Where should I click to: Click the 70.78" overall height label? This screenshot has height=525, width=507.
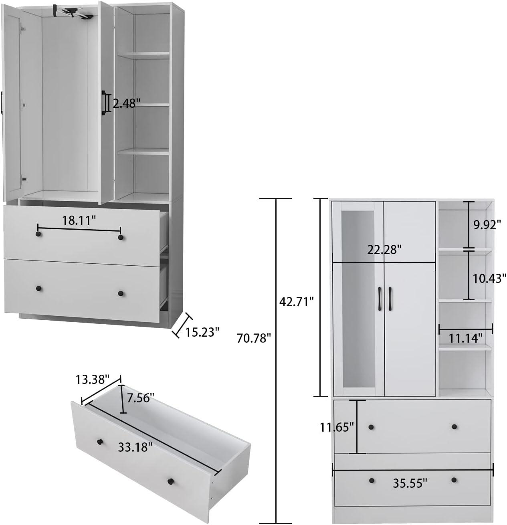click(x=253, y=338)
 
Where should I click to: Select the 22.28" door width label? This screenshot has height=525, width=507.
click(x=384, y=250)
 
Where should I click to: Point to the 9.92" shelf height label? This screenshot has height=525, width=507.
click(x=487, y=224)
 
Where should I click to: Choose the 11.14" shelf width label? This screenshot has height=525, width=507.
click(x=465, y=338)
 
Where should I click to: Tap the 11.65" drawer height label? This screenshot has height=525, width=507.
click(x=337, y=427)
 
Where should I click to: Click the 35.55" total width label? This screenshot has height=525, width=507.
click(x=410, y=483)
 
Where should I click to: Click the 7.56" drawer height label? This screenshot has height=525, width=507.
click(x=140, y=398)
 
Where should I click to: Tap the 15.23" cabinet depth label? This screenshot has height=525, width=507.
click(x=202, y=332)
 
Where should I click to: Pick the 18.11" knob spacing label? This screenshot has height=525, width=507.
click(x=79, y=220)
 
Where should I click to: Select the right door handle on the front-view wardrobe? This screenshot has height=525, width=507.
click(x=390, y=299)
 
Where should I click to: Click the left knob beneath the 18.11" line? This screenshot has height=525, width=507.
click(x=38, y=234)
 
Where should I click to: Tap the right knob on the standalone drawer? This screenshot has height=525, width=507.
click(x=170, y=481)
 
